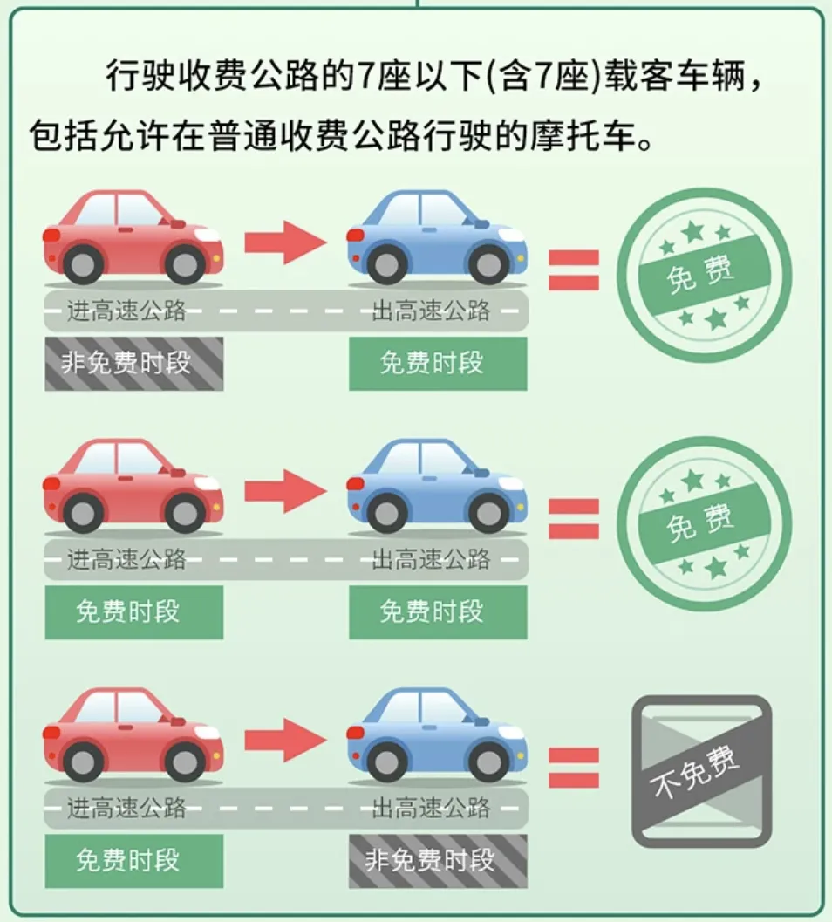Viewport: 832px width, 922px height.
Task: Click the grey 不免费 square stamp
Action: tap(701, 770)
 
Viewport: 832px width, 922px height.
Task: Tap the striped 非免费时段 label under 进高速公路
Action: tap(133, 363)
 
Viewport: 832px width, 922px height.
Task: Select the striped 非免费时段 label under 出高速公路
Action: tap(438, 860)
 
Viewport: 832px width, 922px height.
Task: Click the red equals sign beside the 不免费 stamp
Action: tap(573, 768)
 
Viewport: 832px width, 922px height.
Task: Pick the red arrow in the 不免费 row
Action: tap(284, 741)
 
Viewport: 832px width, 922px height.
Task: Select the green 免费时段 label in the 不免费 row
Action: tap(133, 860)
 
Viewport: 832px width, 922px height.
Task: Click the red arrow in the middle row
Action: tap(284, 490)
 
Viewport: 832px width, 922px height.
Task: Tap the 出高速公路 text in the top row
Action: tap(431, 310)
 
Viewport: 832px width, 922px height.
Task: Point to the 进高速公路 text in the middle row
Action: tap(126, 559)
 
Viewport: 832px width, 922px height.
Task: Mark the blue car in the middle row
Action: tap(436, 485)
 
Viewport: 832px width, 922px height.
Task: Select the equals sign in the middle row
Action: tap(573, 518)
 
